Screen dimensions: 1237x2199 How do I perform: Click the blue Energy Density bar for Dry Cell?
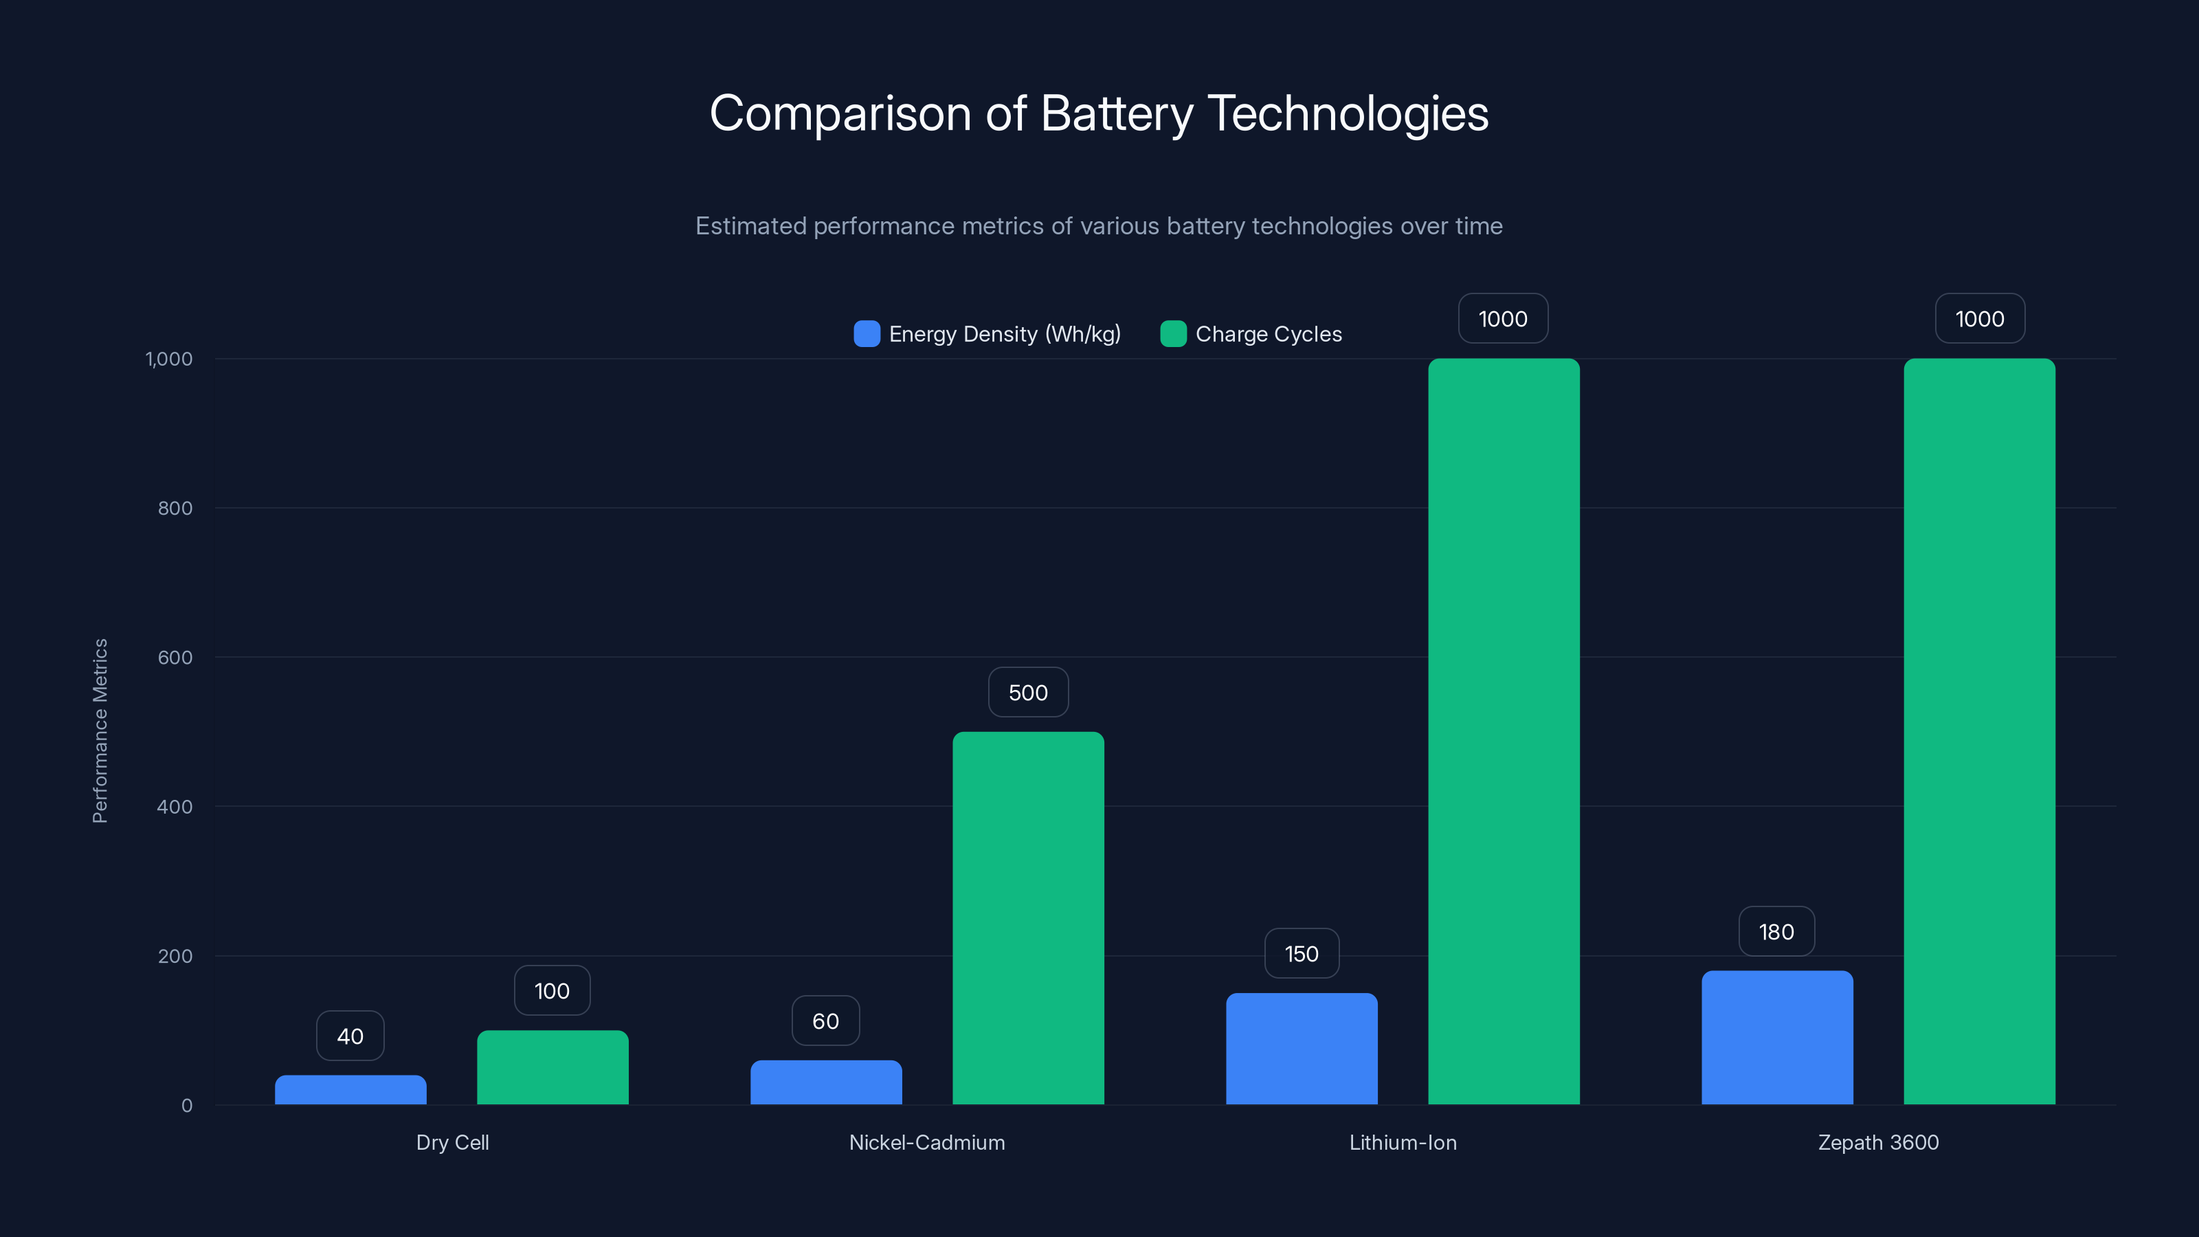click(350, 1090)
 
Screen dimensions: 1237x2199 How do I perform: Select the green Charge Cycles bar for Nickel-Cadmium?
click(1028, 917)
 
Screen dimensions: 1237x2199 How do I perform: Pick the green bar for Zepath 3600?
click(1979, 732)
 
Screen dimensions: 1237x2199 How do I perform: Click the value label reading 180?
click(1776, 931)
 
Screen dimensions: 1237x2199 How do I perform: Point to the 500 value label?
click(1028, 692)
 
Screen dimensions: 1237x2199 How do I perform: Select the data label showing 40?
click(350, 1036)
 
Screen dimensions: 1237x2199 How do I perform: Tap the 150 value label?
click(1301, 954)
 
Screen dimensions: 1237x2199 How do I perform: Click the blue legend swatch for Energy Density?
click(867, 334)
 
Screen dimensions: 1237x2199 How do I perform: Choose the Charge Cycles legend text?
click(1268, 334)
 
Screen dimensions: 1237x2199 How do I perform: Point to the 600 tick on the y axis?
click(175, 658)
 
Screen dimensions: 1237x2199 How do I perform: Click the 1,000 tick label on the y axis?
click(169, 359)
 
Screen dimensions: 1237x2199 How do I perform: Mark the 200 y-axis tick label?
click(175, 956)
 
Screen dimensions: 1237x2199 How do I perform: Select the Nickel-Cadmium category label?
click(927, 1142)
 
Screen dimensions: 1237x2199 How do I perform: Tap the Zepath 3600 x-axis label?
click(1878, 1142)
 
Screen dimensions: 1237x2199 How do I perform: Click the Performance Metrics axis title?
click(100, 731)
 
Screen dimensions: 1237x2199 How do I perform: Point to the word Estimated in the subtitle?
click(750, 226)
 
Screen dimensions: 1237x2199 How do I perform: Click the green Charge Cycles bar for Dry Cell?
click(552, 1067)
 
